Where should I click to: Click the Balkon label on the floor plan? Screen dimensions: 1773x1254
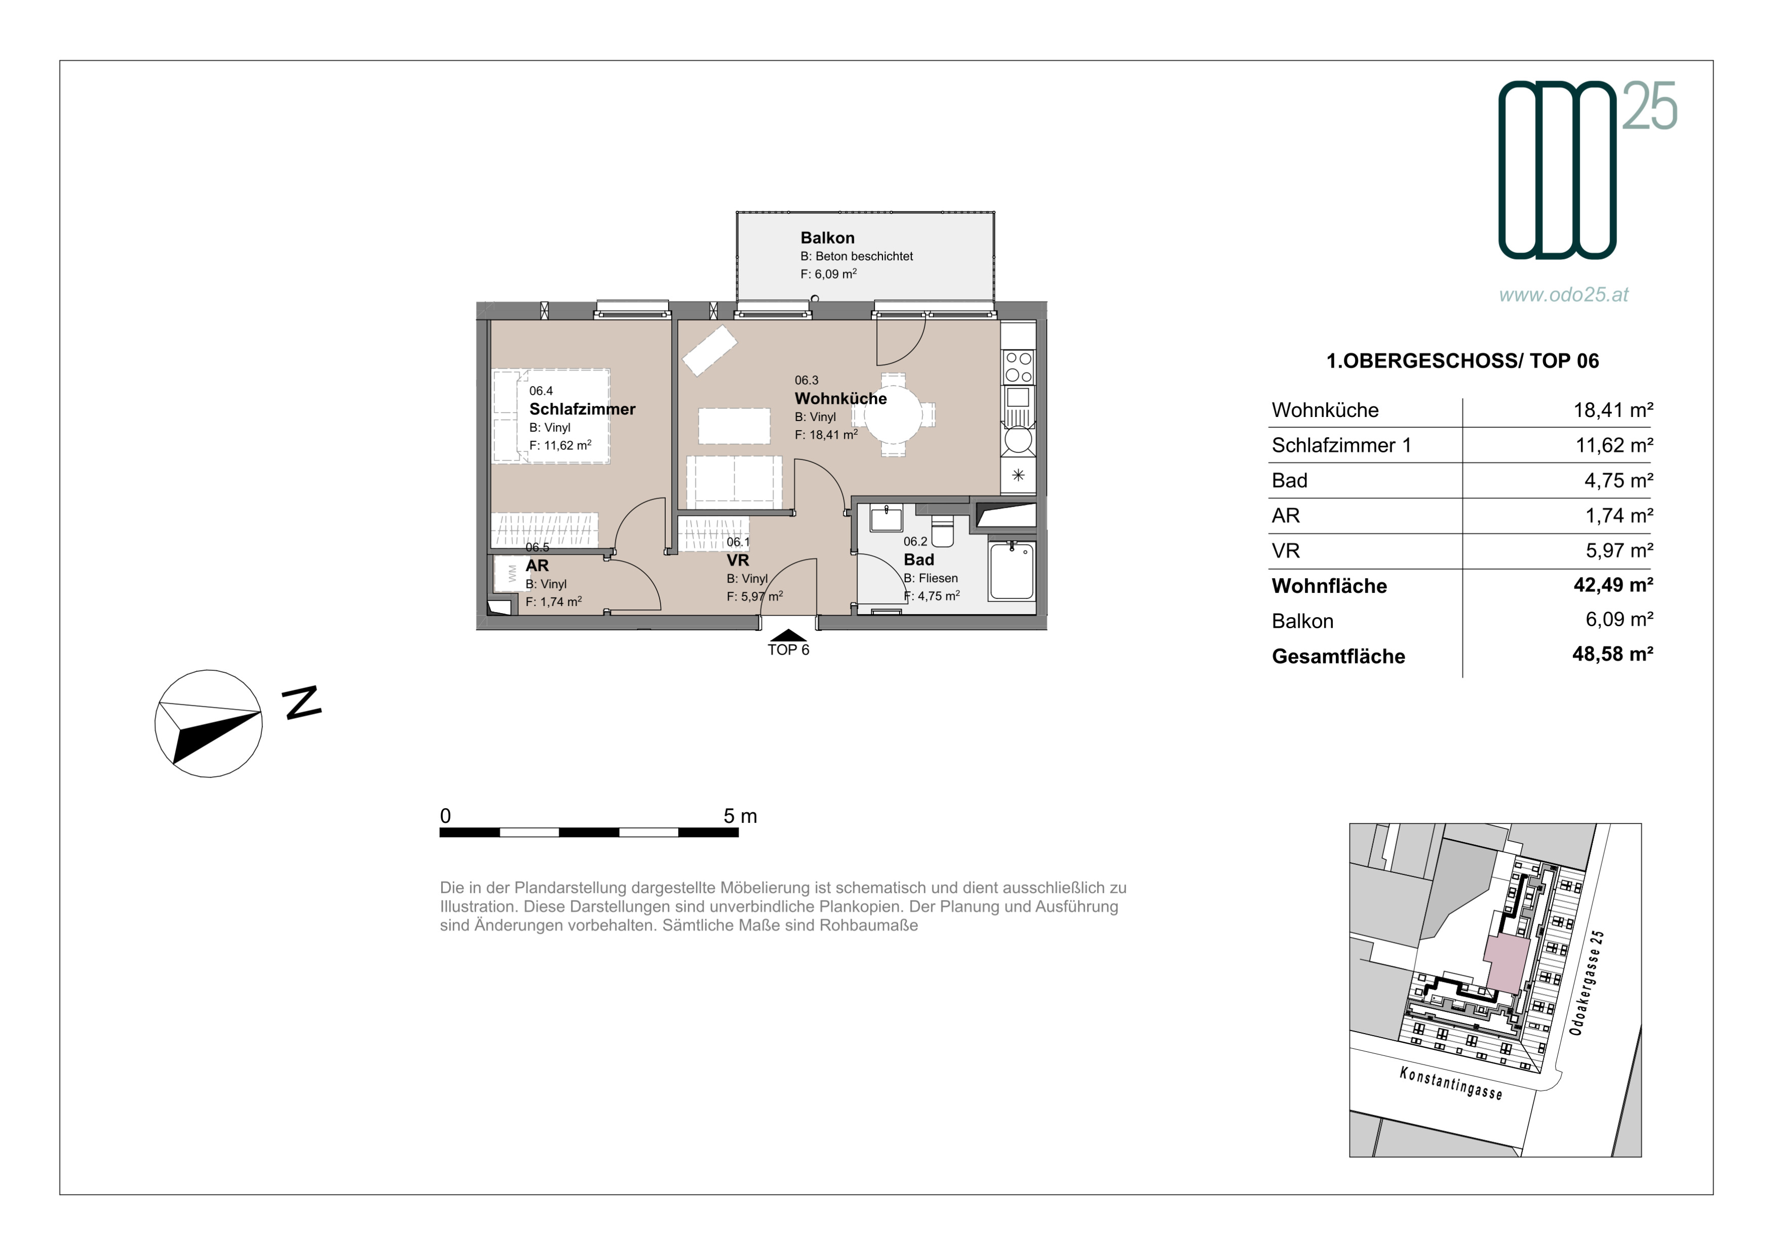(827, 238)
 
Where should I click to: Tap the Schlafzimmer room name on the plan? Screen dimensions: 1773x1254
(582, 409)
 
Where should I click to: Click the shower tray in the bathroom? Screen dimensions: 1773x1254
(1012, 571)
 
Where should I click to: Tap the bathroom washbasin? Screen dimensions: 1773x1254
(886, 518)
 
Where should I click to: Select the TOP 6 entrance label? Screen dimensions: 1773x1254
(788, 650)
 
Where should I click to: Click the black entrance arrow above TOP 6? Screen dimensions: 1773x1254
(788, 635)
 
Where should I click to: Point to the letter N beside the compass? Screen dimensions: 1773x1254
(301, 703)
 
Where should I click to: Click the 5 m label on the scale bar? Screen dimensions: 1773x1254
(740, 816)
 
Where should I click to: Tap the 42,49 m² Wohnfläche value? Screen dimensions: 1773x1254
(1613, 585)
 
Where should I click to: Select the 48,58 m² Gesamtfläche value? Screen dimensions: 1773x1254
(1612, 654)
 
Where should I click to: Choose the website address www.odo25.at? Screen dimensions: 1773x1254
(1564, 295)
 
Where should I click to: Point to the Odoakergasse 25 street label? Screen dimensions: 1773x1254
(1588, 983)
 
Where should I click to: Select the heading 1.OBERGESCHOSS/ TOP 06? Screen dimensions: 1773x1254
(1462, 361)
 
